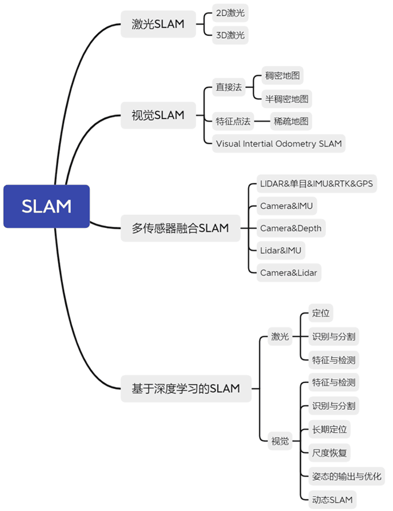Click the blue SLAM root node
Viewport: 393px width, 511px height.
47,206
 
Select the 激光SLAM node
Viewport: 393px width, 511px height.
158,25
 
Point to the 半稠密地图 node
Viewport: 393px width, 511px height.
287,99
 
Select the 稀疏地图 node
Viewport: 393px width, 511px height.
291,121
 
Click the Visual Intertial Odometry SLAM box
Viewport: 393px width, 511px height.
279,144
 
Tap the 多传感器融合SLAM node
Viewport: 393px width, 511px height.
180,228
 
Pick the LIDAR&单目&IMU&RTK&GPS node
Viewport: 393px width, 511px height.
316,184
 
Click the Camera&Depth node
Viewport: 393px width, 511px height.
290,228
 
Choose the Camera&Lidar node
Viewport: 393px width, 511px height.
289,272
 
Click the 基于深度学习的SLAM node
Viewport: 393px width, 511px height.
185,388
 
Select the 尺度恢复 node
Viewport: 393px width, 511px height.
329,453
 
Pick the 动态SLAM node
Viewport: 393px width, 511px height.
332,499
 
